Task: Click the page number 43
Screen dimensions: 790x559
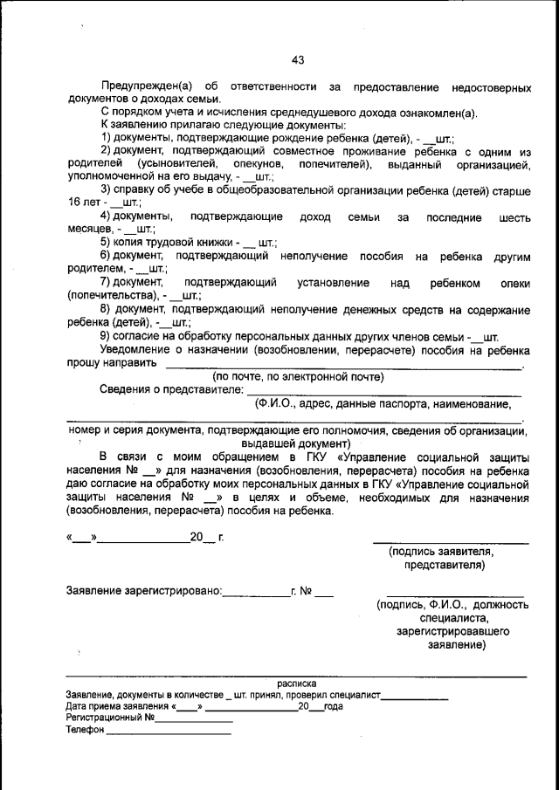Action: pyautogui.click(x=298, y=59)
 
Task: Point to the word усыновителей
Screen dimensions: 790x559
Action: pyautogui.click(x=169, y=164)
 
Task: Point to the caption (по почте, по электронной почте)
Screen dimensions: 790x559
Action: pyautogui.click(x=298, y=377)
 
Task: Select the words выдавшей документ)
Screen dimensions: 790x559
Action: pyautogui.click(x=297, y=443)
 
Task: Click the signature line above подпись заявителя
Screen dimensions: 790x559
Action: pyautogui.click(x=451, y=542)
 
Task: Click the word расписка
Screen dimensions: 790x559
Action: pyautogui.click(x=297, y=684)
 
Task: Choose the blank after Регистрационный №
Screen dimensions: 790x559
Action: pyautogui.click(x=195, y=720)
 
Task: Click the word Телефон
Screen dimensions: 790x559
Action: pyautogui.click(x=85, y=732)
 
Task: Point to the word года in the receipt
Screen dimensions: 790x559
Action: pyautogui.click(x=334, y=707)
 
